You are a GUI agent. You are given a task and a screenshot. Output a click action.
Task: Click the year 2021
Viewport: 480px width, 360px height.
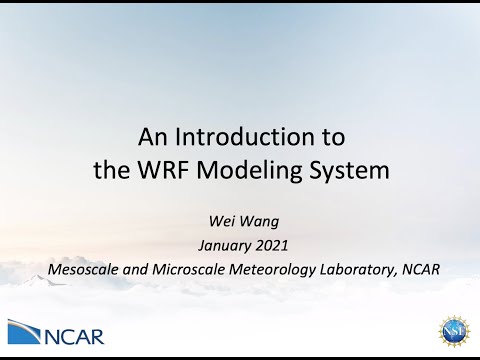click(264, 246)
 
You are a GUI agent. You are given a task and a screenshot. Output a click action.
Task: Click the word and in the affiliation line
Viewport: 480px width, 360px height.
click(131, 268)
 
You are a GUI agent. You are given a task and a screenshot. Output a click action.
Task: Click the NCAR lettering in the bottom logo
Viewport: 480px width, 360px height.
click(74, 333)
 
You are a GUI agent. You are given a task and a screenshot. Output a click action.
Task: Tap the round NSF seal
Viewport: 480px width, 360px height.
click(455, 331)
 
